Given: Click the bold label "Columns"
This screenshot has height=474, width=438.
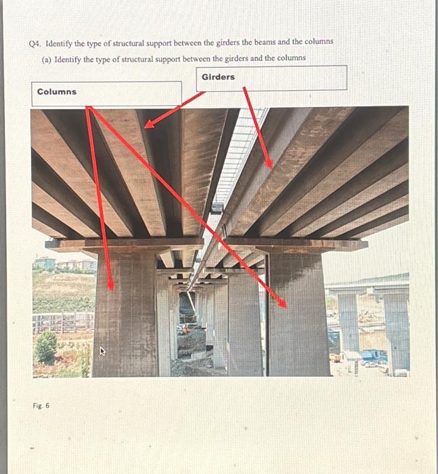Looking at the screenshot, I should point(57,92).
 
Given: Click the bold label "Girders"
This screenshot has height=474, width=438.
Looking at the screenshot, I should point(218,77).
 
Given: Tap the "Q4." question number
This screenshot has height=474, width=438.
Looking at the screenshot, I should point(36,42).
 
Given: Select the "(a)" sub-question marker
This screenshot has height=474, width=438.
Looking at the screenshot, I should point(47,59).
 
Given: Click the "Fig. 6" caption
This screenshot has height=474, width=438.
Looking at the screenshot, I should point(41,406).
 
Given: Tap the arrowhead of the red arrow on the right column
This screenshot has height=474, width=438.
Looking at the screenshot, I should point(283,304).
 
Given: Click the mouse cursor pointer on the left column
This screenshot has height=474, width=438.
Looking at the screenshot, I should point(103,351).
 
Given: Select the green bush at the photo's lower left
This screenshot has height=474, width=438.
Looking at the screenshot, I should point(46,347).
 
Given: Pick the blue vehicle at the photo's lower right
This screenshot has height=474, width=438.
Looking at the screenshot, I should point(371,355).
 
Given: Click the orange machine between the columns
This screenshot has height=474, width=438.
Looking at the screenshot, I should point(183,331).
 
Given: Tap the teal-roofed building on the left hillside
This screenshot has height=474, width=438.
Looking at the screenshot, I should point(43,262).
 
